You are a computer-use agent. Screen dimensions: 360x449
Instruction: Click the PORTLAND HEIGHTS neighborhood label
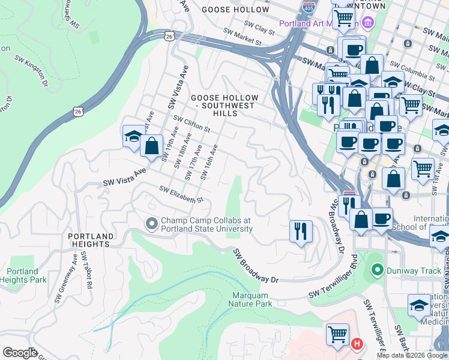point(88,240)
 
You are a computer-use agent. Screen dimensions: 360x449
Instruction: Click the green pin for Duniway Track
point(376,271)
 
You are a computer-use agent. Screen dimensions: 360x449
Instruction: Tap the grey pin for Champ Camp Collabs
point(151,224)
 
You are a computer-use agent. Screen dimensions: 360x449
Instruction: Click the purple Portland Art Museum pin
point(367,23)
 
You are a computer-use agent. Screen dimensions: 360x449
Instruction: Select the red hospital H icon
point(357,344)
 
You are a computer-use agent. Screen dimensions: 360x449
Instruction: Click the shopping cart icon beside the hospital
point(337,334)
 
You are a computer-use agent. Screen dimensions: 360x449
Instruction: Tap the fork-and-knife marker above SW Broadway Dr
point(301,230)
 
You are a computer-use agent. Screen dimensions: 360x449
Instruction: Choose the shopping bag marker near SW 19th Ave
point(152,145)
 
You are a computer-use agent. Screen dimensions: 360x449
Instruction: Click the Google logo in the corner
point(19,353)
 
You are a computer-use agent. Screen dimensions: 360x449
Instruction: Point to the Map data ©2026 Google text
point(412,355)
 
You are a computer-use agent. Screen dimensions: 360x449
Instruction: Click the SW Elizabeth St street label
point(181,194)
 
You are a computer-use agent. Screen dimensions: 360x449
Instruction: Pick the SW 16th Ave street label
point(208,161)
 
